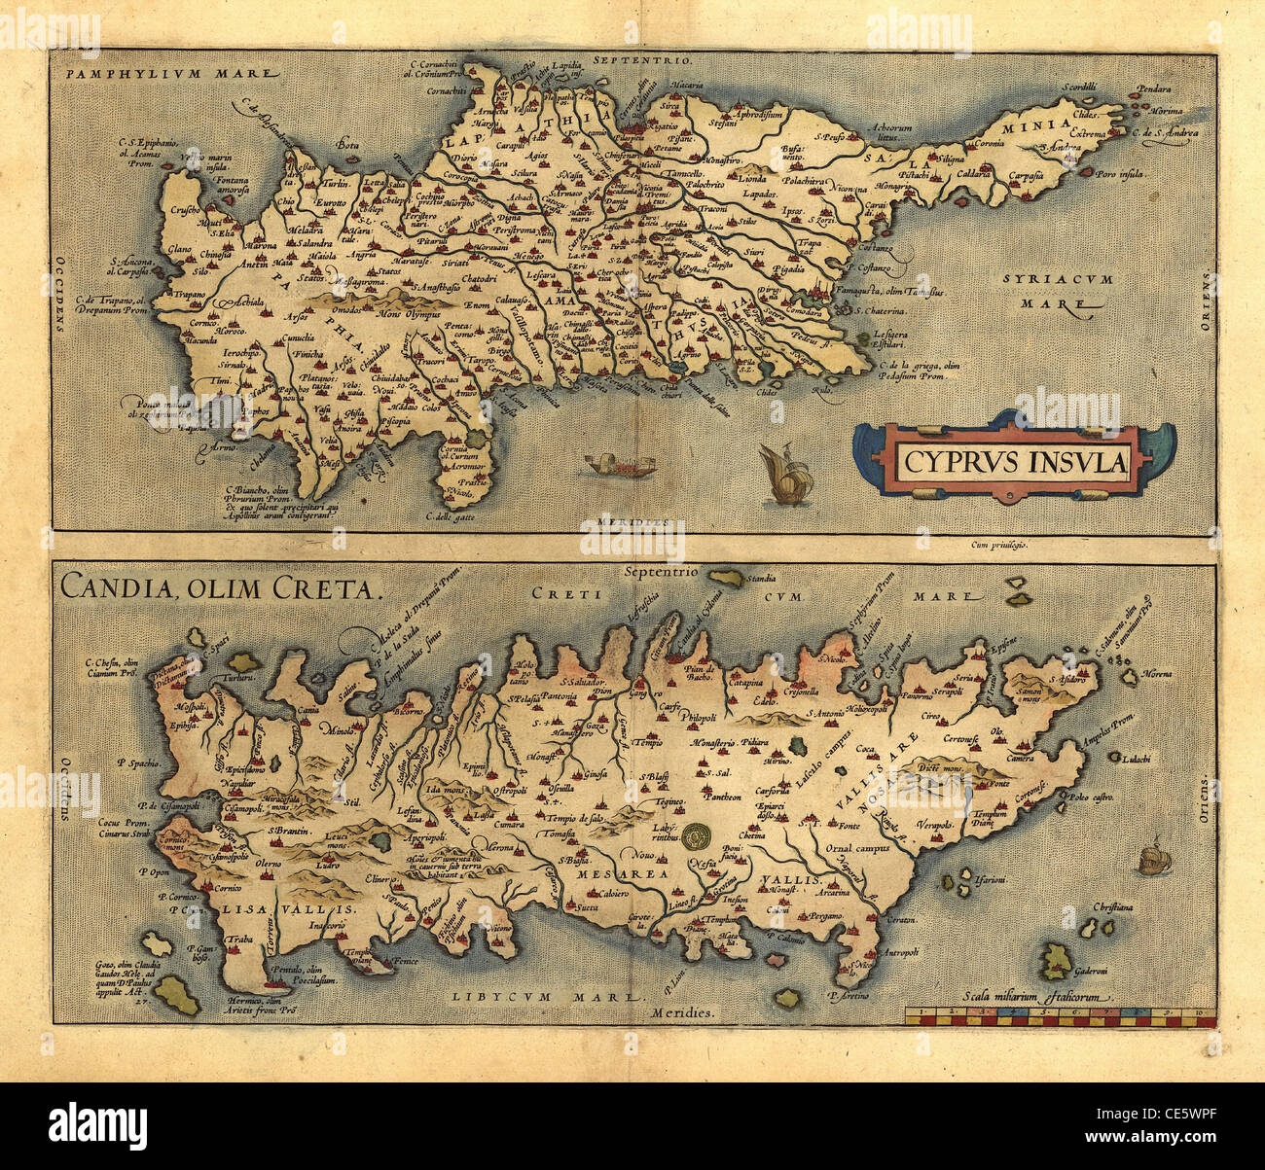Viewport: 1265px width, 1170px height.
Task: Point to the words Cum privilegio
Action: click(999, 546)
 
